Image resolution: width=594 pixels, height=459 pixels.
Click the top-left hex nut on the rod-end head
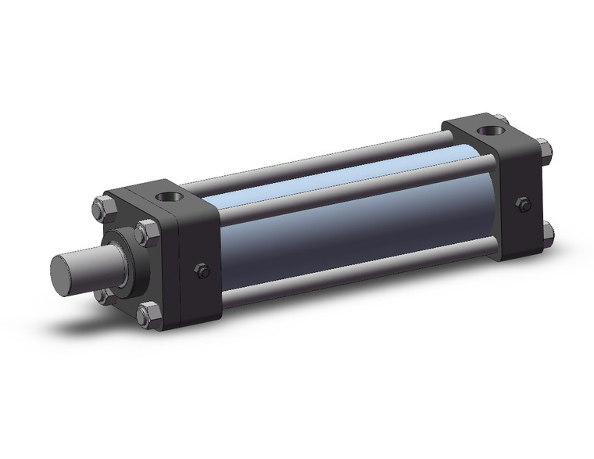(99, 209)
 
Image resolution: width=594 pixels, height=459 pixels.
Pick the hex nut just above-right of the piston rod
(145, 231)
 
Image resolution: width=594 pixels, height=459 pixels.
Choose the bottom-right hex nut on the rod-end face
(145, 315)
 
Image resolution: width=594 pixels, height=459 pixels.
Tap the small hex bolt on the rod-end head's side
(200, 271)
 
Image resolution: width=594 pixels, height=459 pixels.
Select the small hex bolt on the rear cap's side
(524, 205)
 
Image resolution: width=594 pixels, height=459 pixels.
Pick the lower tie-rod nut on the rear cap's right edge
(548, 232)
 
